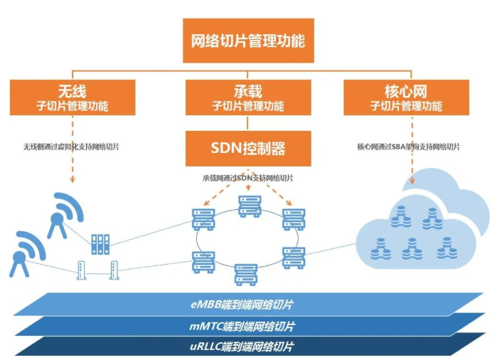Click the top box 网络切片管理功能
(248, 40)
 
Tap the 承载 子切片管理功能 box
(248, 98)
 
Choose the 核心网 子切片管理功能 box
(406, 98)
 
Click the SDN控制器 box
(248, 148)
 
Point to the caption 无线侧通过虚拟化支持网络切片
(71, 147)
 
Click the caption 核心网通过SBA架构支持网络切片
(408, 147)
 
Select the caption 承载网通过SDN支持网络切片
(248, 178)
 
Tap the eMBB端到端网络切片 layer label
(242, 305)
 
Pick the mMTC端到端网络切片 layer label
(242, 327)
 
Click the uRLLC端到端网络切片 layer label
(242, 347)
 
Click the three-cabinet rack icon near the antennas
(100, 245)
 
